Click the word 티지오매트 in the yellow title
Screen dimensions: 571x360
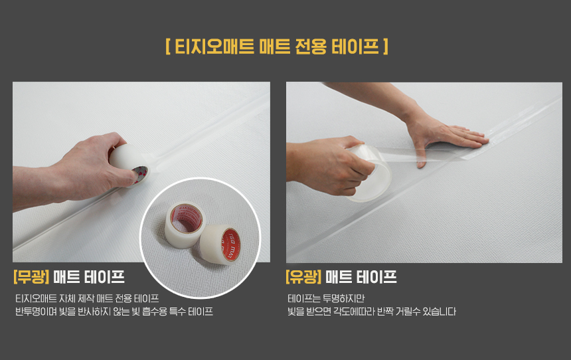(214, 46)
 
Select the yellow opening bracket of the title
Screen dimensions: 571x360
(168, 46)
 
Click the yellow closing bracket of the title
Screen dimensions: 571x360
(386, 46)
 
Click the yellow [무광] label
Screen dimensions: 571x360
(31, 277)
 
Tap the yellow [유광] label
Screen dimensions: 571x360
(303, 277)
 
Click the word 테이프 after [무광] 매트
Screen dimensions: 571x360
(104, 277)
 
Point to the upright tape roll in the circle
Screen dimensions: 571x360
(185, 225)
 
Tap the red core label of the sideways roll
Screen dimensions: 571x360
(231, 244)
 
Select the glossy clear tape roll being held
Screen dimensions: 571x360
(368, 172)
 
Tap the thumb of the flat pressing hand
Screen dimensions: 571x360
(421, 157)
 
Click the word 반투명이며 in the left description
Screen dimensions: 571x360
(36, 312)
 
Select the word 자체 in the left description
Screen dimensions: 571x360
(66, 299)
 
